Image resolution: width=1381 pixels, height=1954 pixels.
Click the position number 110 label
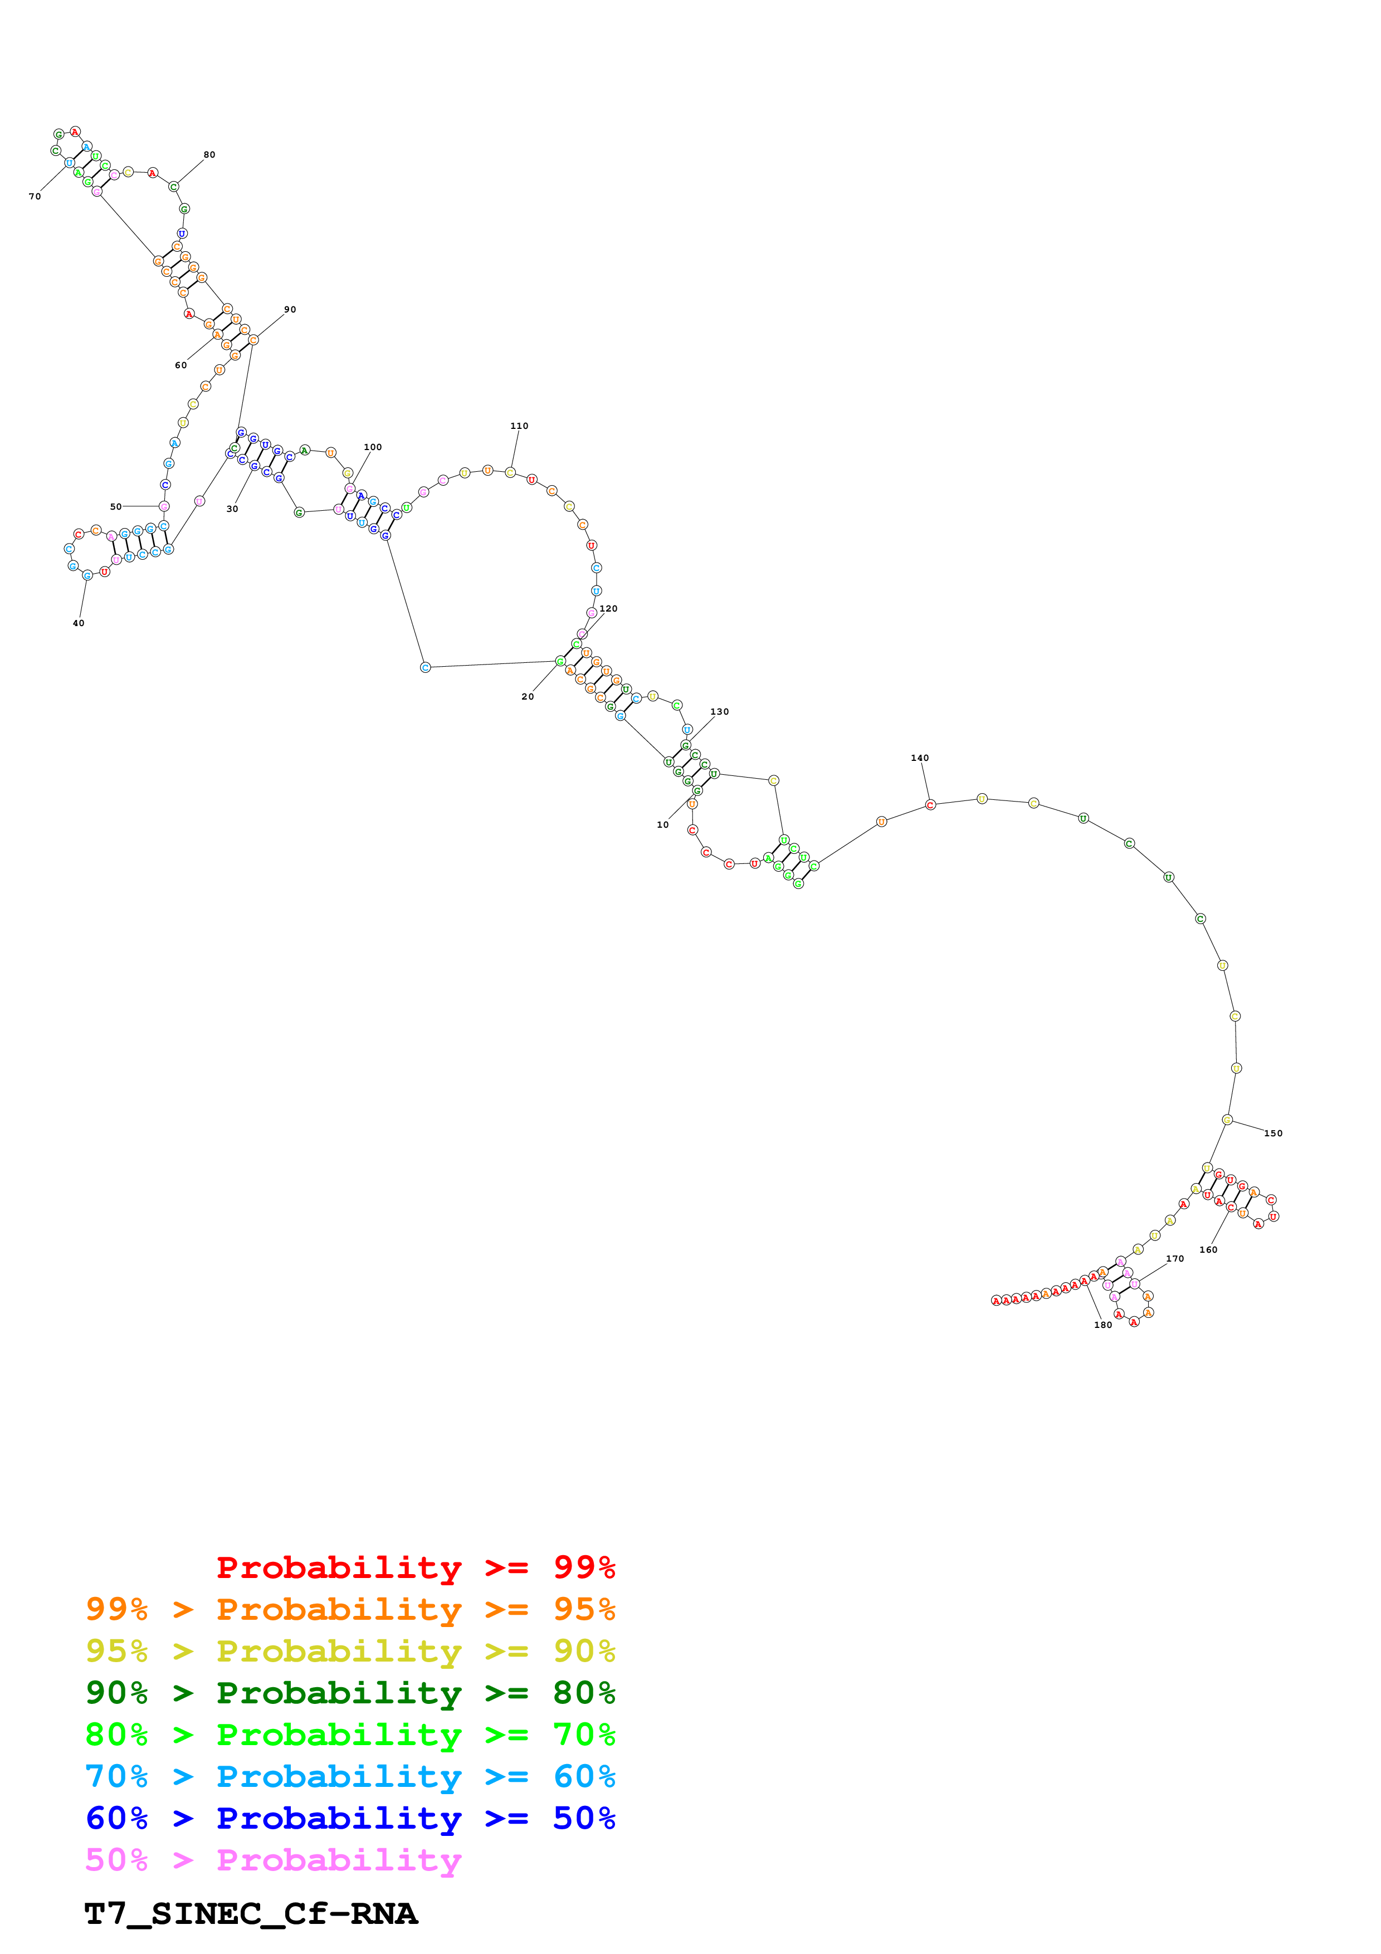[x=519, y=426]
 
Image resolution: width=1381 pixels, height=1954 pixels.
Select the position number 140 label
[x=920, y=758]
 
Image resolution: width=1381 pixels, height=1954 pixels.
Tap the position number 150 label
[x=1273, y=1133]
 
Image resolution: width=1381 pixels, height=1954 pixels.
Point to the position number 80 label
[x=209, y=155]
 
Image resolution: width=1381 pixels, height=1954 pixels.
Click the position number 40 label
[x=79, y=623]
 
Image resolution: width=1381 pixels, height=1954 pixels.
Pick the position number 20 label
[x=528, y=696]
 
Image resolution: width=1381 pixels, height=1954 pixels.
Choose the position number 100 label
[x=373, y=447]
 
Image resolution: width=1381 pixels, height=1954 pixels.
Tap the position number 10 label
[x=663, y=825]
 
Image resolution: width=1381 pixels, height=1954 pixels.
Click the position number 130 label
[x=720, y=711]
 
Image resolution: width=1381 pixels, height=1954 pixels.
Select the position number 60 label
[x=180, y=365]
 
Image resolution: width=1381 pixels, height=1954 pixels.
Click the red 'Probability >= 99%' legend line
[x=415, y=1567]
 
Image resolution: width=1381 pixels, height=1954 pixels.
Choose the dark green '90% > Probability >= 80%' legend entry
[x=350, y=1693]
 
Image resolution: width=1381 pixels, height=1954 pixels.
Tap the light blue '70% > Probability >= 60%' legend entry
[x=350, y=1776]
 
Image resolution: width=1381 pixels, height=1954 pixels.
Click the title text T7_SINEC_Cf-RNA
[x=251, y=1913]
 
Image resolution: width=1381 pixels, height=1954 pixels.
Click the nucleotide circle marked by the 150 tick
[x=1227, y=1120]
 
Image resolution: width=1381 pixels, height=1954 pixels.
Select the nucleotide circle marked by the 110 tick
[x=510, y=472]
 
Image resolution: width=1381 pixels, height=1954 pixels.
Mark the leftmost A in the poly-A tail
[x=996, y=1301]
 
